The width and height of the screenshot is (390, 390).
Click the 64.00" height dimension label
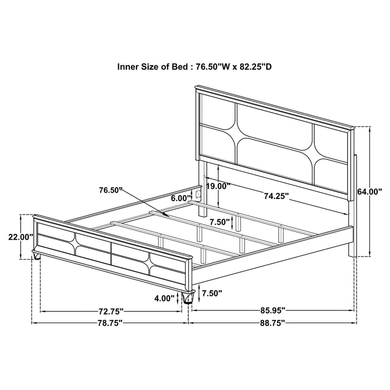pyautogui.click(x=369, y=191)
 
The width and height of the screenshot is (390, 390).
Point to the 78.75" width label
pyautogui.click(x=110, y=323)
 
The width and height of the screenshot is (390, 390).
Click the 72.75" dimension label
pyautogui.click(x=110, y=310)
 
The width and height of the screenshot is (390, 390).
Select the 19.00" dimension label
pyautogui.click(x=217, y=187)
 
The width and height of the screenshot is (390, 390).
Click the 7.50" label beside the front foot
pyautogui.click(x=212, y=293)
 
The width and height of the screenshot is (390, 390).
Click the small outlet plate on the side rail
pyautogui.click(x=196, y=194)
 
